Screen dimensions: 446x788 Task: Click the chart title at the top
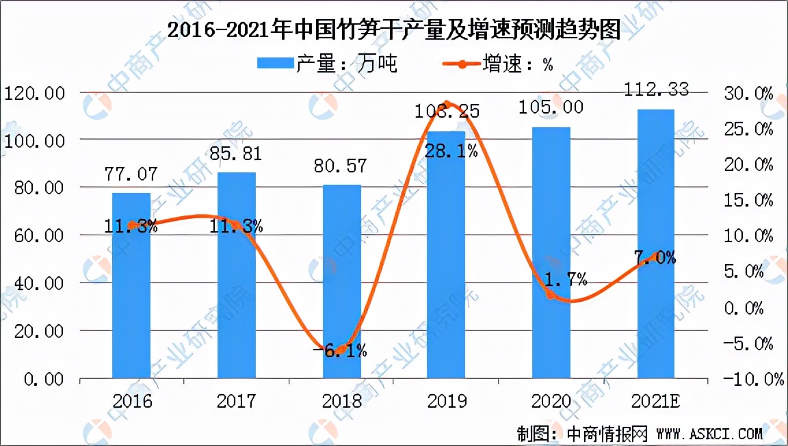tap(394, 30)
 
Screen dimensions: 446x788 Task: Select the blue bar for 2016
tap(131, 287)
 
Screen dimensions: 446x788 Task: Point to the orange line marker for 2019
tap(447, 105)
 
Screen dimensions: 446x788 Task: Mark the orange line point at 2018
tap(341, 350)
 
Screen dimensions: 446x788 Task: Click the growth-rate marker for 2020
tap(551, 293)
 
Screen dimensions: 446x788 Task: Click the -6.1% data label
tap(341, 352)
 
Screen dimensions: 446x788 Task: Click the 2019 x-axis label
tap(446, 400)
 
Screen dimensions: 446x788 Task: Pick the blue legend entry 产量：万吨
tap(327, 64)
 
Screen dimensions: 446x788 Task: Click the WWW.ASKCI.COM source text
tap(709, 433)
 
